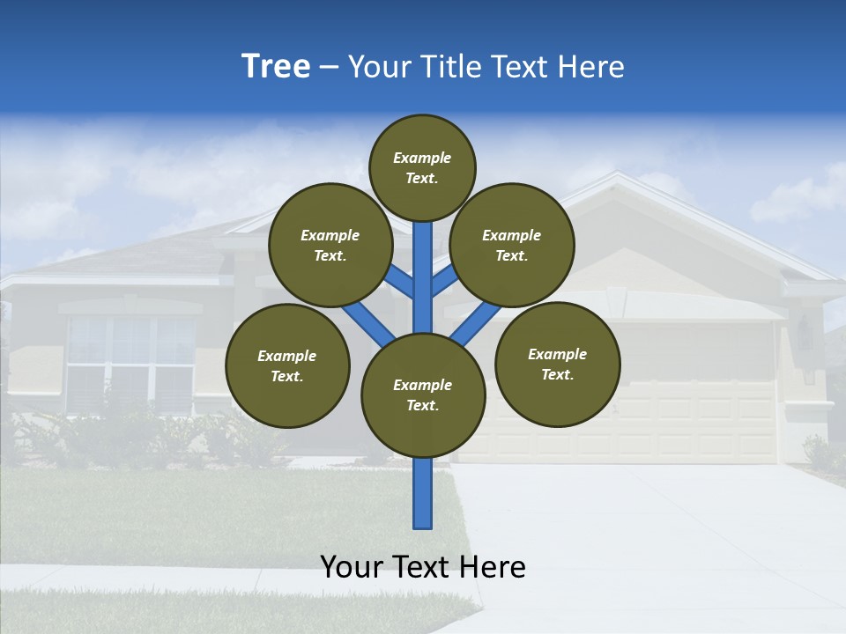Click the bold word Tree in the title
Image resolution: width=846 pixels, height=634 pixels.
click(275, 67)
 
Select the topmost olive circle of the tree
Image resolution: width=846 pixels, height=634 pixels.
click(422, 167)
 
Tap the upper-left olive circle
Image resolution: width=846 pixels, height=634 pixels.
click(330, 246)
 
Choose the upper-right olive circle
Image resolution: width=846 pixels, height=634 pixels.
click(512, 246)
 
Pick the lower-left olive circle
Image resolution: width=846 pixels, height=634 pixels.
click(287, 366)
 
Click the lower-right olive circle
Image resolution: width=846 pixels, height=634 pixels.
click(557, 364)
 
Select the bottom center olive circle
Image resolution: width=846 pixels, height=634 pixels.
click(423, 395)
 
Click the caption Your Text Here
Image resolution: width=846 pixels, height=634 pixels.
click(423, 567)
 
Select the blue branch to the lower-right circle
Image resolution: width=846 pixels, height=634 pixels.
click(476, 323)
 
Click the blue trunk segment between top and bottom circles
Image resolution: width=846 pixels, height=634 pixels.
click(423, 277)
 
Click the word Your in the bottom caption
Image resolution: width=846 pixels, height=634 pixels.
click(352, 567)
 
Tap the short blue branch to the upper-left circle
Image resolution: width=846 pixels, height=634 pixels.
click(398, 281)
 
